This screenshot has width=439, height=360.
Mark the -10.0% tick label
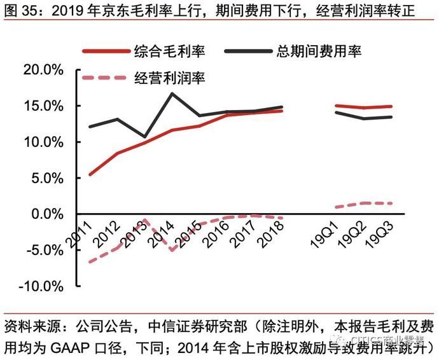click(38, 286)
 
